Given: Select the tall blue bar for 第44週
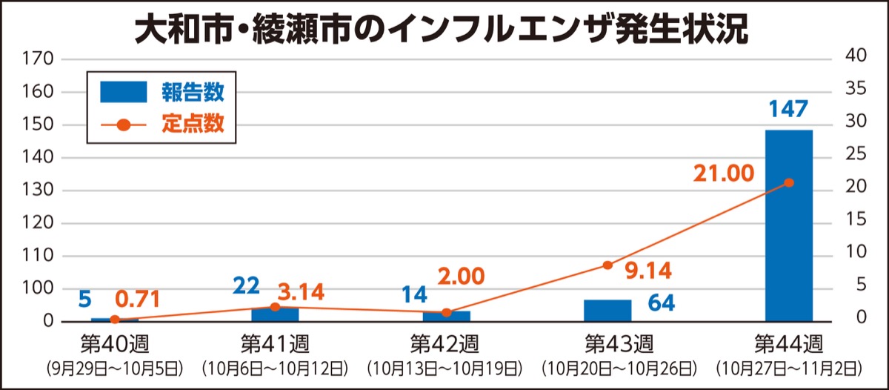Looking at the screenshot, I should [788, 225].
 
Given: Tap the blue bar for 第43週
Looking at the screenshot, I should [607, 311].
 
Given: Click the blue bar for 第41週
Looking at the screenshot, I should [275, 314].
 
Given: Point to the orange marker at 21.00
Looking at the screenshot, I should [789, 182].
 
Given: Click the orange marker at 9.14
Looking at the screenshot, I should [607, 265].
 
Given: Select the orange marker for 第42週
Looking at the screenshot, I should [446, 312].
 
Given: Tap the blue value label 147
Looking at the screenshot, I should [788, 110].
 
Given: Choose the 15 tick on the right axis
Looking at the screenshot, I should [856, 220].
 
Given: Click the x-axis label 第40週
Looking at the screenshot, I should [114, 344].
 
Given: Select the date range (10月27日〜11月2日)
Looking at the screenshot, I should [788, 368].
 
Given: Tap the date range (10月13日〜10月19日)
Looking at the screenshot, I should [445, 368].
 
